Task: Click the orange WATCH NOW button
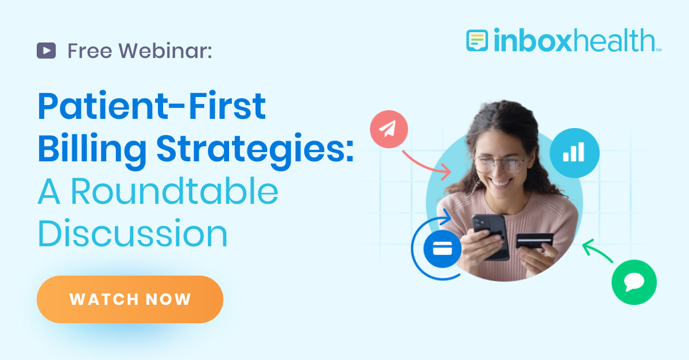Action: click(x=130, y=299)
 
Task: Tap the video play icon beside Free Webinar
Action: click(x=46, y=51)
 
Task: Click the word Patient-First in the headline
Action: click(x=152, y=107)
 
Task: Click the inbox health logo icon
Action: click(x=477, y=40)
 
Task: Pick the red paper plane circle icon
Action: click(x=389, y=129)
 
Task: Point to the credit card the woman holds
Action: click(x=534, y=240)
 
